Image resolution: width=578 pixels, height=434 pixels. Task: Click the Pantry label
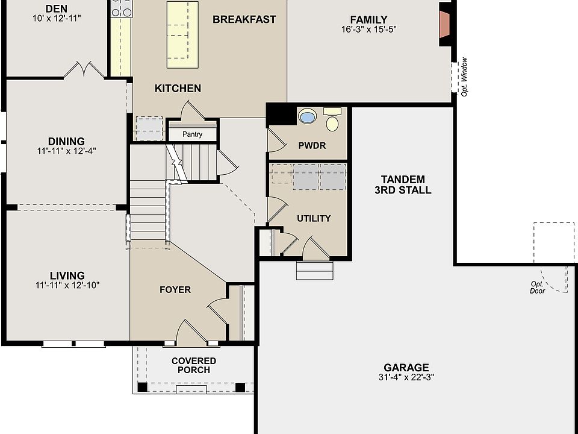(x=193, y=134)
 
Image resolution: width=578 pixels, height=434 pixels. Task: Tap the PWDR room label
(x=312, y=146)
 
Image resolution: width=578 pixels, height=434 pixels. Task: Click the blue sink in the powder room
(x=306, y=116)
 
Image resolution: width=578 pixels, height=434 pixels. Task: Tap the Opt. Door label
(x=538, y=287)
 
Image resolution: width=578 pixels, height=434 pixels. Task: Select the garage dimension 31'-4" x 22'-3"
(x=406, y=377)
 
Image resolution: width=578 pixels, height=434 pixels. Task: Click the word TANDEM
(x=403, y=180)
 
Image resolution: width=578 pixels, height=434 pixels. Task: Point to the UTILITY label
(x=314, y=218)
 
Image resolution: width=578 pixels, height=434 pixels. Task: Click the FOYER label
(x=175, y=290)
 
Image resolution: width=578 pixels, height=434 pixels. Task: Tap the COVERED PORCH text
(x=194, y=365)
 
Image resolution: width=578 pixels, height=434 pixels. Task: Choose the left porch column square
(x=142, y=387)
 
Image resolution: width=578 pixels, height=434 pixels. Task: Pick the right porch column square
(x=240, y=387)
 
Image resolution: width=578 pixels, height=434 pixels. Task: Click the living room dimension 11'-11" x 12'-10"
(x=67, y=285)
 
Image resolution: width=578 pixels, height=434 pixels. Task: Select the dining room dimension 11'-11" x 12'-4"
(x=66, y=151)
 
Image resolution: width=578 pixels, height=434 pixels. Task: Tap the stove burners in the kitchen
(x=122, y=8)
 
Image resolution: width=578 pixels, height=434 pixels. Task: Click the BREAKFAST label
(x=244, y=19)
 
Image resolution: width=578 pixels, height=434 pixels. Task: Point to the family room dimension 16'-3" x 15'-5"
(x=368, y=30)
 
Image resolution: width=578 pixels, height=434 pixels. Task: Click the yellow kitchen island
(x=182, y=35)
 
